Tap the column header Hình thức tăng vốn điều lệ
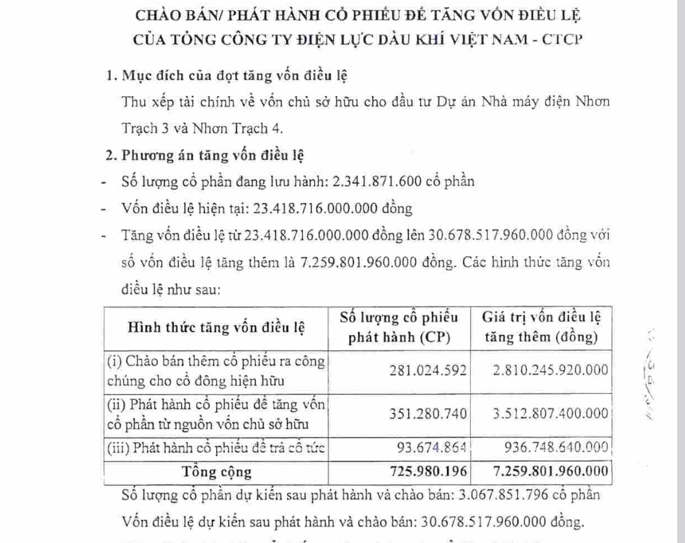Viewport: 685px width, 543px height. pyautogui.click(x=216, y=327)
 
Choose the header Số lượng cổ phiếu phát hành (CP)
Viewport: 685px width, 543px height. pyautogui.click(x=400, y=327)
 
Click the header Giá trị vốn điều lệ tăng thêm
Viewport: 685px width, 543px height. pyautogui.click(x=542, y=327)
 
